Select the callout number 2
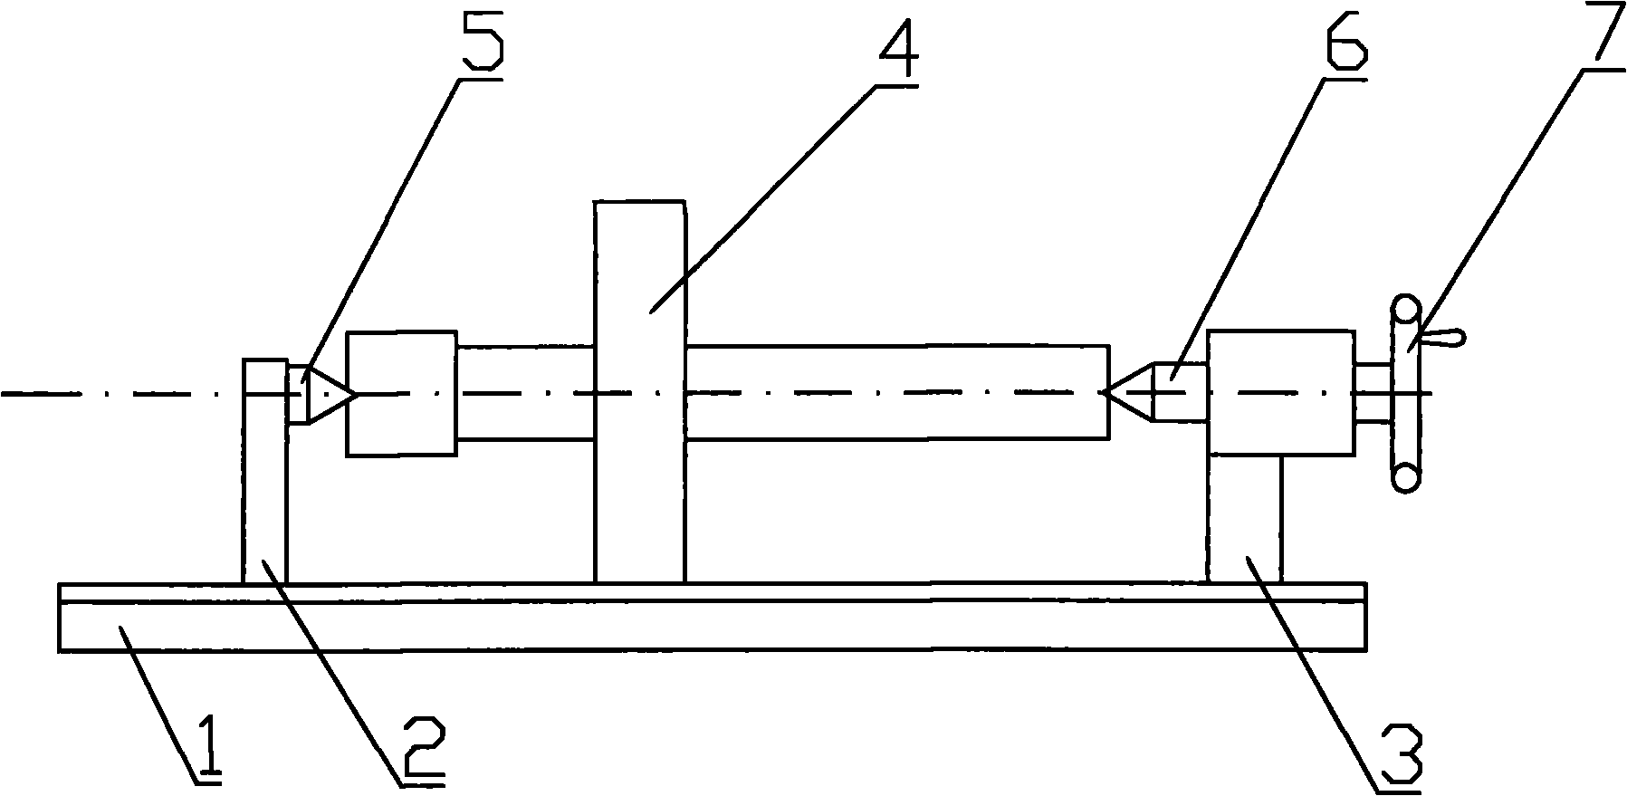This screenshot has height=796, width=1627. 421,748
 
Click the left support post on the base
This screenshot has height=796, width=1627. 265,471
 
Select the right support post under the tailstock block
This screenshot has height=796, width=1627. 1245,519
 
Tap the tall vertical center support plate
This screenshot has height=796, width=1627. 639,391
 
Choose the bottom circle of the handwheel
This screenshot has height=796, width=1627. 1405,476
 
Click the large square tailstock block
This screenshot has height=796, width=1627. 1281,393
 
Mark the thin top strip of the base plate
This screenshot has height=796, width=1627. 712,592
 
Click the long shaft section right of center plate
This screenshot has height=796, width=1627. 897,392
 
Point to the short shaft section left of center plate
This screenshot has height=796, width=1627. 525,392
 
